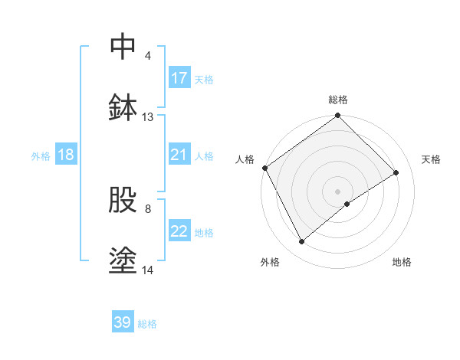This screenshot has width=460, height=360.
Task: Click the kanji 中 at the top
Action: click(x=123, y=47)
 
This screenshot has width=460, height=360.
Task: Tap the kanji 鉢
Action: click(x=123, y=108)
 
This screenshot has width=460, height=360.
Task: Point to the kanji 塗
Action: click(x=123, y=260)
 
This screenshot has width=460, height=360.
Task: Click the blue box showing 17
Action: click(x=179, y=77)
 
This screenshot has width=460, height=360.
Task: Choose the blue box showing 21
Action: click(x=179, y=155)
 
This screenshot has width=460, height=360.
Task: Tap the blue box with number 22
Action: click(x=179, y=231)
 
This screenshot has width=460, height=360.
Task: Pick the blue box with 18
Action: click(x=66, y=155)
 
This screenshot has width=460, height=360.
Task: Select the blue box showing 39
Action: click(x=123, y=322)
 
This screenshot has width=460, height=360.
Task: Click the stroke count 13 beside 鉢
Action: click(x=148, y=117)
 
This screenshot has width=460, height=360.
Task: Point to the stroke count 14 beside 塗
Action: click(x=148, y=270)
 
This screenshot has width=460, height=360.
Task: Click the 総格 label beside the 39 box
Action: click(x=148, y=324)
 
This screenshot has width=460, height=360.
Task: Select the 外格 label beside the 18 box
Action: click(x=41, y=155)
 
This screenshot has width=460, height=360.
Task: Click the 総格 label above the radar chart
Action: click(x=337, y=100)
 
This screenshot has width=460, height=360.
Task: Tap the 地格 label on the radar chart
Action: click(x=402, y=262)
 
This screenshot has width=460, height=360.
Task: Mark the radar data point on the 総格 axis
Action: click(x=337, y=116)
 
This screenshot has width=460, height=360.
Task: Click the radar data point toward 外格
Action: click(x=302, y=242)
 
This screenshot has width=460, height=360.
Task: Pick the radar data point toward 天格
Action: click(x=396, y=173)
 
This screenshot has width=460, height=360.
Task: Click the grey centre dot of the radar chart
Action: click(x=337, y=191)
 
